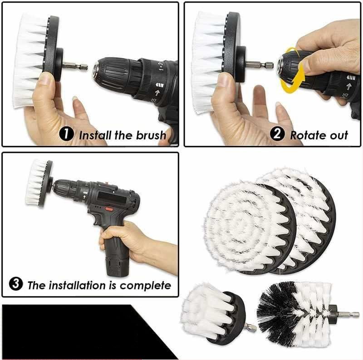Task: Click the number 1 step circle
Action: [x=66, y=134]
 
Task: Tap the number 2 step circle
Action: [x=277, y=134]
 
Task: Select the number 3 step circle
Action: [x=16, y=284]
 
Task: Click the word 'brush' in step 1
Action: [x=151, y=135]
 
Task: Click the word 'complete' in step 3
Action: [x=145, y=286]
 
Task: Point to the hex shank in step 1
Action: [x=75, y=67]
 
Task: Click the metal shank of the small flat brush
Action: [x=251, y=328]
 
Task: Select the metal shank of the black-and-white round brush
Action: [x=348, y=315]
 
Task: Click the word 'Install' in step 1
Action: [x=95, y=135]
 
